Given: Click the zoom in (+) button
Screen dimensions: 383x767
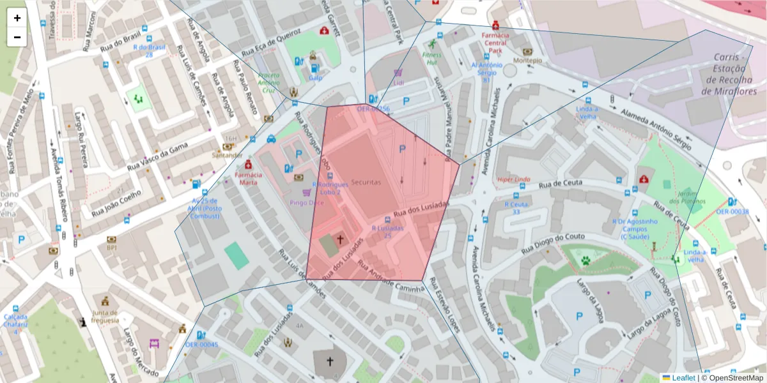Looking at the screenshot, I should click(x=17, y=18).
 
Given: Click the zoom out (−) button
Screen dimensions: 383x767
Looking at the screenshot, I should click(x=17, y=37).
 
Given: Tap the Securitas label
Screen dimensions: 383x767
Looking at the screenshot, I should click(x=366, y=183).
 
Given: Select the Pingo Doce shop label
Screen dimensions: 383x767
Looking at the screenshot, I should click(x=306, y=202).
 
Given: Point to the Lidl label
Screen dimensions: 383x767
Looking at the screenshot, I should click(x=399, y=83).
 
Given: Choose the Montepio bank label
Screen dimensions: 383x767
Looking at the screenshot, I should click(x=527, y=61).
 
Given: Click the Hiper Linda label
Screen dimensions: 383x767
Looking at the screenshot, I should click(x=515, y=179).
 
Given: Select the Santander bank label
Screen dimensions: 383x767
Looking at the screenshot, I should click(x=228, y=155).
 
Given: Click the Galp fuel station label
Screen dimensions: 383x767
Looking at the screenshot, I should click(x=315, y=78).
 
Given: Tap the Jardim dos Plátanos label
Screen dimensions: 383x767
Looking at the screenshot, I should click(x=687, y=197).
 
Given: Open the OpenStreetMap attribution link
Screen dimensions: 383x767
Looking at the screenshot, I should click(x=732, y=378).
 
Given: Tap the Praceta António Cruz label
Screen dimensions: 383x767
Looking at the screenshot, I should click(x=268, y=83).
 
